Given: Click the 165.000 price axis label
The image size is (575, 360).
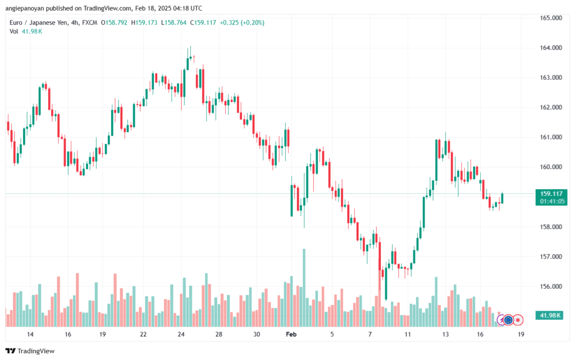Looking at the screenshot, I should (x=551, y=18).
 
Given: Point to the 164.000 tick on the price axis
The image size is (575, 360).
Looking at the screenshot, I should (x=551, y=48).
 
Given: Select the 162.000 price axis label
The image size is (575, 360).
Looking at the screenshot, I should (x=551, y=107).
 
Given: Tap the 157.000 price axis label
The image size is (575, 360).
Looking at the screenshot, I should (x=551, y=257).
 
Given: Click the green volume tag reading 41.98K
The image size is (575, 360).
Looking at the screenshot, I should (x=551, y=316).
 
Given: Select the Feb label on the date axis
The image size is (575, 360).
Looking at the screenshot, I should (x=291, y=334).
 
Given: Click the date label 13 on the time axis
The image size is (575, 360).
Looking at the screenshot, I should (x=445, y=334).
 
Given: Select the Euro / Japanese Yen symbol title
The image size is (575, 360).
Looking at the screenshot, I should (x=41, y=22).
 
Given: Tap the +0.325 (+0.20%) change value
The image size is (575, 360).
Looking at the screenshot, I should (x=243, y=22).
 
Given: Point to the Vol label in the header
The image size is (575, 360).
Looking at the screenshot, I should (x=14, y=31).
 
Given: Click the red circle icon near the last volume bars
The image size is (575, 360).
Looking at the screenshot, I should (x=518, y=320).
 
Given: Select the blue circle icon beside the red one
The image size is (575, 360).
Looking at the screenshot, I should (x=509, y=320).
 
